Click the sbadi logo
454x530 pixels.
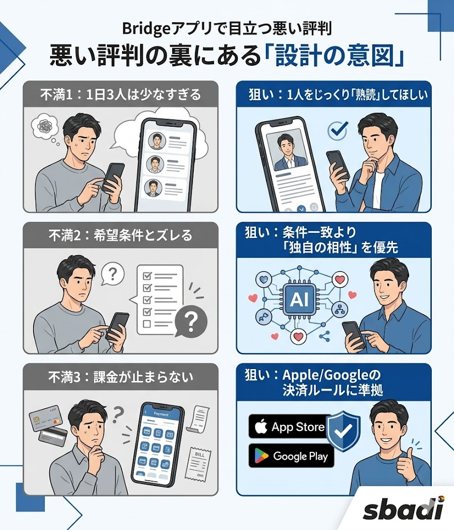(x=403, y=510)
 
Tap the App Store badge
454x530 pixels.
(x=290, y=426)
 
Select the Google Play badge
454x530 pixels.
(x=291, y=455)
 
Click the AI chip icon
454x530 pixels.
(x=300, y=299)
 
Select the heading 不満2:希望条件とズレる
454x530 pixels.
(x=120, y=235)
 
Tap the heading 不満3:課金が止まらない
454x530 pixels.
(x=120, y=376)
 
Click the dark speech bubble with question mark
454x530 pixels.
(x=190, y=323)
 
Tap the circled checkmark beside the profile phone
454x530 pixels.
(x=337, y=130)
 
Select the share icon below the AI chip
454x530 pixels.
(x=325, y=336)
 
